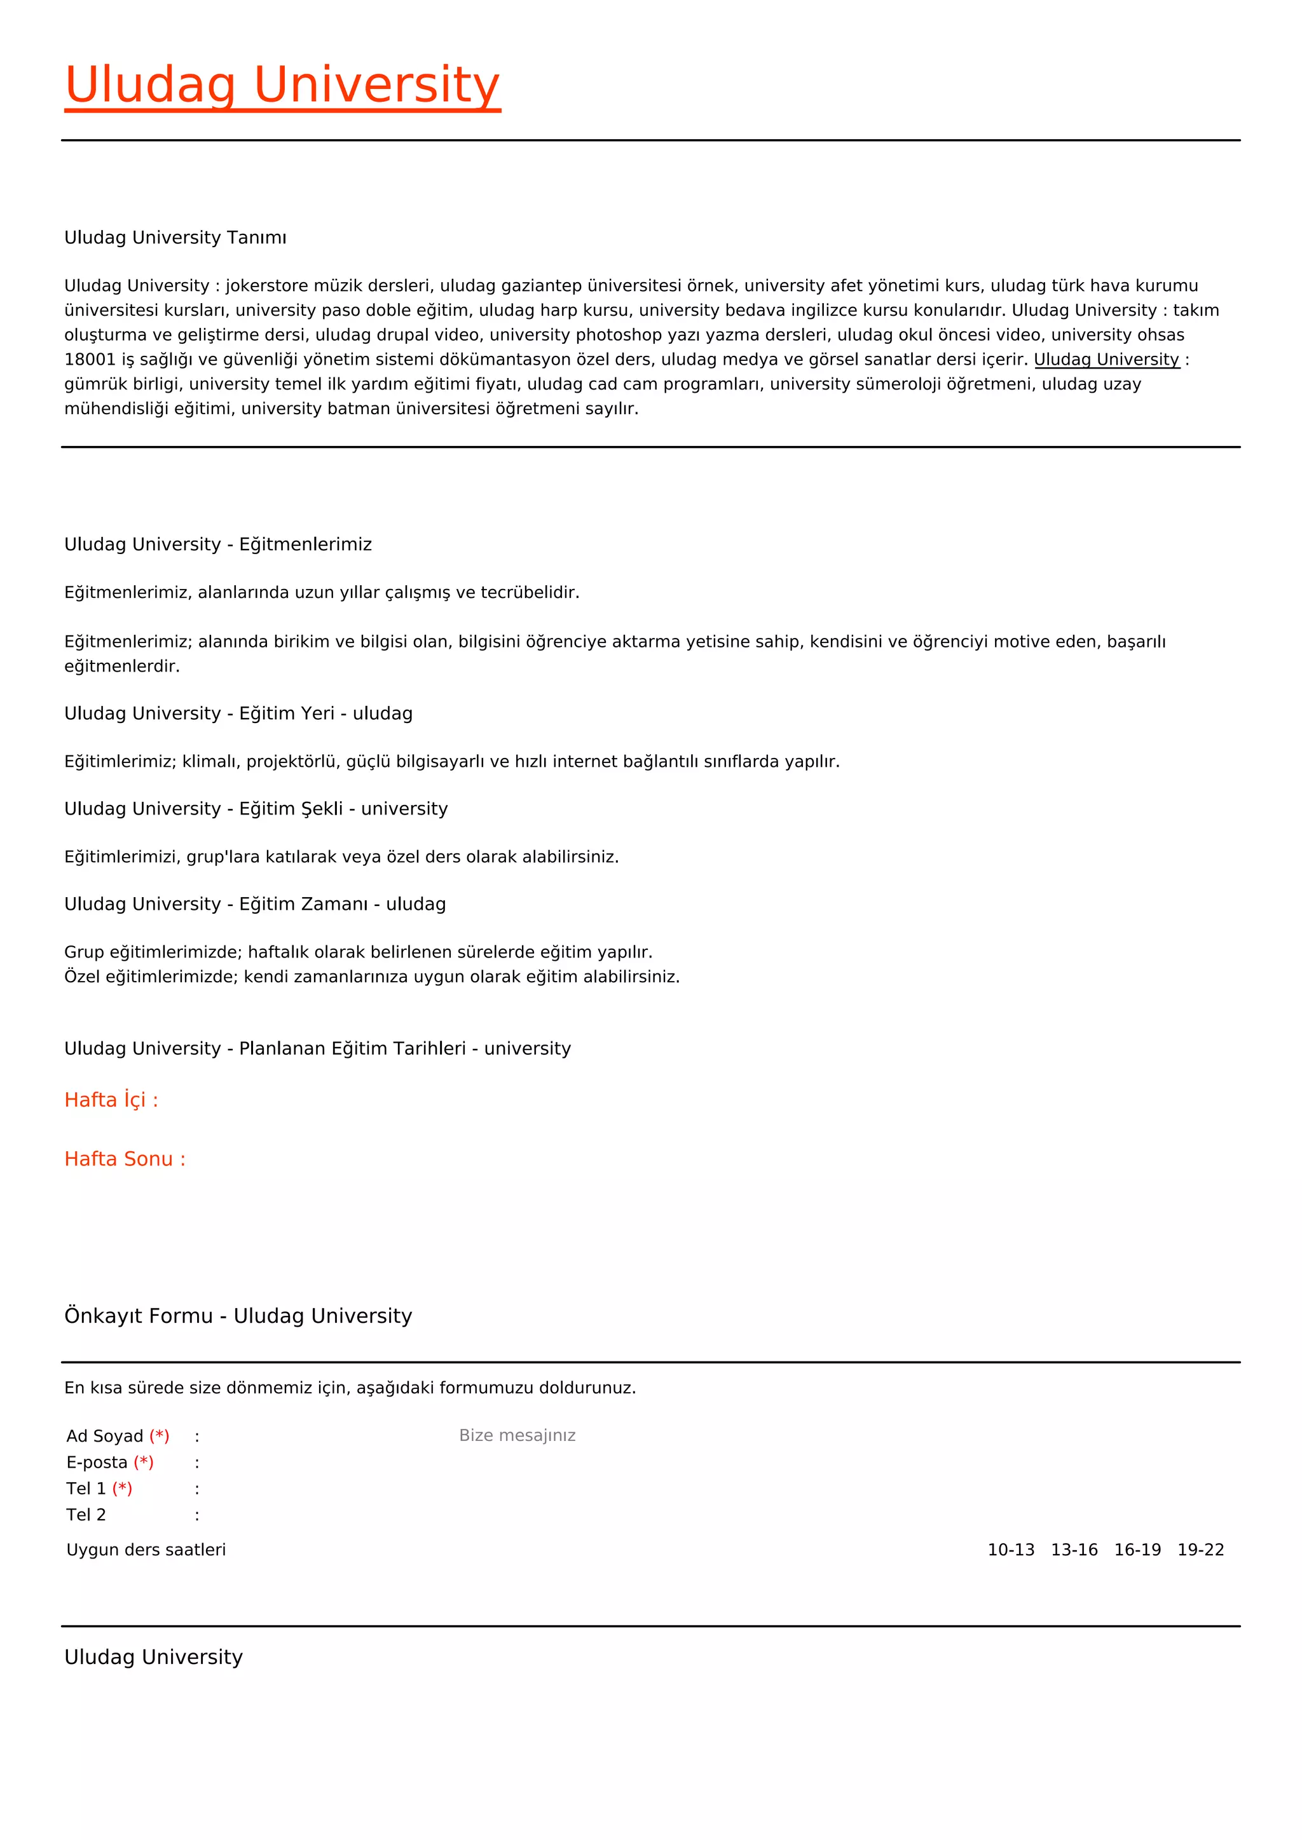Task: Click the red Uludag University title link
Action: [x=282, y=85]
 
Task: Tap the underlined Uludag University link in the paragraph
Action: [x=1106, y=359]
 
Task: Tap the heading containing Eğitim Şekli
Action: [x=256, y=809]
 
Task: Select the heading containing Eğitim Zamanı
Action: [x=255, y=904]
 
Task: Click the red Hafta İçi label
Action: [x=111, y=1100]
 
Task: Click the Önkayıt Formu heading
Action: [x=238, y=1316]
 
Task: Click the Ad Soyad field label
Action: [x=105, y=1436]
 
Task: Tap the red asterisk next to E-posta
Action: [x=144, y=1463]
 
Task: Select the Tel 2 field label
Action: [x=86, y=1515]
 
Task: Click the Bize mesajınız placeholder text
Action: [x=517, y=1435]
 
